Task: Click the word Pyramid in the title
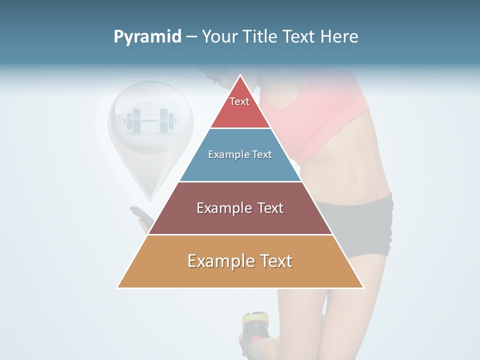tap(147, 37)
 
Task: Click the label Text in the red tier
tap(239, 101)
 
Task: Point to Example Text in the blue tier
tap(240, 154)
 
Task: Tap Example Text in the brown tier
tap(240, 208)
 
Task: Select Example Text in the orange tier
tap(240, 261)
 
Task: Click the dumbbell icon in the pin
tap(150, 120)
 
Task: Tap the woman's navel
tap(352, 177)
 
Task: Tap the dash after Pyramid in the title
tap(191, 37)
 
